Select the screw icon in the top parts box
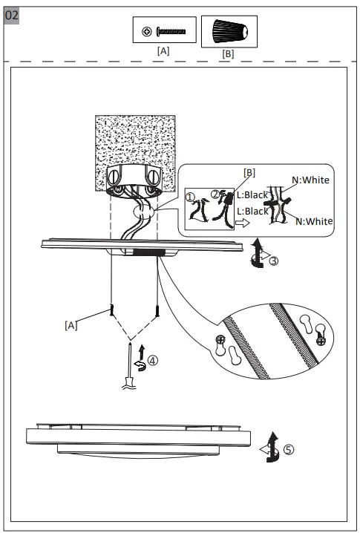(163, 31)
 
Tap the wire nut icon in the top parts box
(228, 32)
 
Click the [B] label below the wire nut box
(228, 54)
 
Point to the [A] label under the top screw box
(163, 51)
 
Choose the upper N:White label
(310, 180)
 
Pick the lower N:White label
(314, 221)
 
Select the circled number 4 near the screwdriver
(152, 361)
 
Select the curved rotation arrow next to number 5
(272, 448)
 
